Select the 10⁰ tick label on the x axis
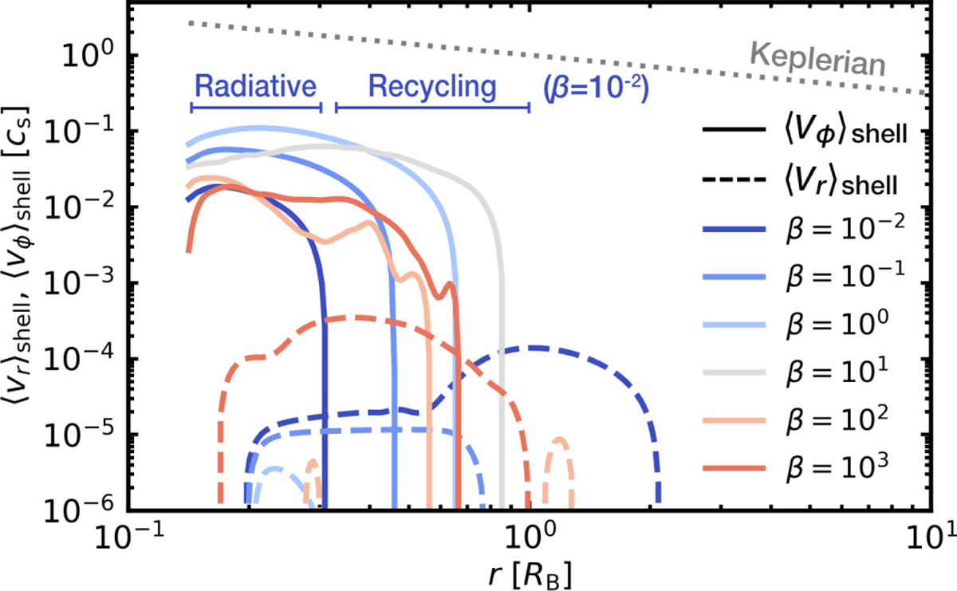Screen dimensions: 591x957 529,536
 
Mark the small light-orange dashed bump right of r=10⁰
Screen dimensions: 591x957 559,440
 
